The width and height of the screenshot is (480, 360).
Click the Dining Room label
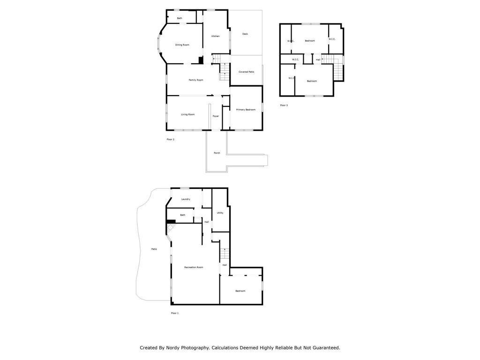[182, 45]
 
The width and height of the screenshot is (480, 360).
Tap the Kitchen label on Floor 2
[216, 36]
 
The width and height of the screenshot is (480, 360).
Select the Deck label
[245, 34]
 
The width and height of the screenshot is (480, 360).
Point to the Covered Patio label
[246, 72]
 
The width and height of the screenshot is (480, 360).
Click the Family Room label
[196, 80]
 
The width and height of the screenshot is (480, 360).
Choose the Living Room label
[188, 114]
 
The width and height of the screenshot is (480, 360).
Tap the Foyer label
[216, 116]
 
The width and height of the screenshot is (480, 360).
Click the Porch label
[217, 153]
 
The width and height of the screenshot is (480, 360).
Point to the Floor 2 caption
[170, 139]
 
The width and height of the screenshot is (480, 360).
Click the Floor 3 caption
[284, 105]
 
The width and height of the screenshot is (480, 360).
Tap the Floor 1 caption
[175, 313]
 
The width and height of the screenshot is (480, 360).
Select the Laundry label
[186, 199]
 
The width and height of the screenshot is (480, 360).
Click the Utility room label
[220, 213]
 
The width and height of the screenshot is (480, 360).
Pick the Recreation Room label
[194, 267]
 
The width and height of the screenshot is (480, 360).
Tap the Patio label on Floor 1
[154, 249]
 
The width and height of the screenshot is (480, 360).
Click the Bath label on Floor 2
[180, 18]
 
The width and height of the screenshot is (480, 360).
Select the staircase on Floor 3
[338, 70]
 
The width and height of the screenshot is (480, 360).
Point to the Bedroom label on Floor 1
[240, 291]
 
